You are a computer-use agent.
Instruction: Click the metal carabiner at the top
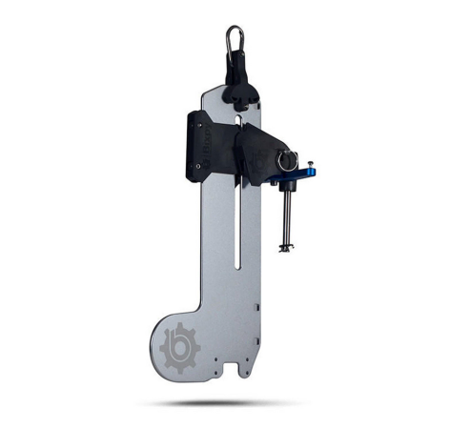pyautogui.click(x=234, y=41)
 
